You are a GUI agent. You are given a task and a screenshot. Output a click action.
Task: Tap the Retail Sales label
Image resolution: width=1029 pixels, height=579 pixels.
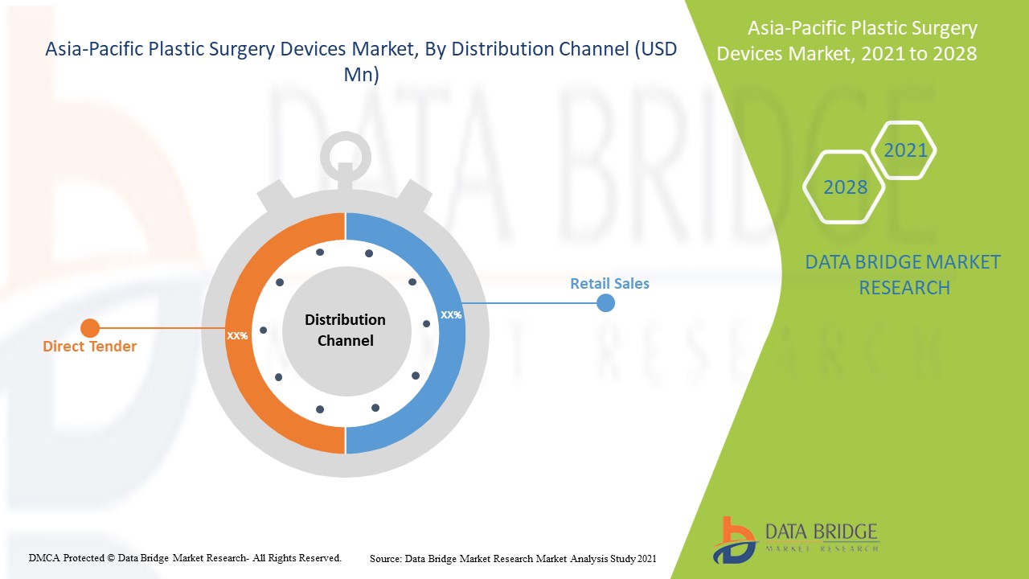tap(609, 283)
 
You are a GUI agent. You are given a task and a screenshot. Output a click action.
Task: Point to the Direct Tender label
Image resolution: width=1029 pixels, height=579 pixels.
tap(89, 347)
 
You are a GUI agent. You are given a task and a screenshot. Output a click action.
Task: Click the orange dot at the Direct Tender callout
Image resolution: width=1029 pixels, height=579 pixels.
tap(90, 327)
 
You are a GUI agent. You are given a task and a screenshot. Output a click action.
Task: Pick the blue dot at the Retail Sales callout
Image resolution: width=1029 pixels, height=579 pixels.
tap(605, 302)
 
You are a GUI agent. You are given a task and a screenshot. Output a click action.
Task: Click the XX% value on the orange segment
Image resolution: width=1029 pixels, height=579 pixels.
tap(237, 335)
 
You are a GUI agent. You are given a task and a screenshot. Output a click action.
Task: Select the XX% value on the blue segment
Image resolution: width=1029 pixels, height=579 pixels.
tap(451, 314)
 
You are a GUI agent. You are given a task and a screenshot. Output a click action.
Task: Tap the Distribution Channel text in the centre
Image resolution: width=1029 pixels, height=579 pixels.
tap(345, 330)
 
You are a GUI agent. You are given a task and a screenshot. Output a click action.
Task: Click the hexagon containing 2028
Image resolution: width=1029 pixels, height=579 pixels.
tap(844, 187)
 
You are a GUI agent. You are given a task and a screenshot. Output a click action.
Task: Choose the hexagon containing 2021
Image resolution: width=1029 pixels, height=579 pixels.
tap(904, 150)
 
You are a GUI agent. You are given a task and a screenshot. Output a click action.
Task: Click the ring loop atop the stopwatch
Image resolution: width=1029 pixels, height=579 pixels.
tap(345, 153)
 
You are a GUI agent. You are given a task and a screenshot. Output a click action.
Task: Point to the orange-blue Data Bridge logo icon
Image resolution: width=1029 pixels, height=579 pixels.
tap(733, 540)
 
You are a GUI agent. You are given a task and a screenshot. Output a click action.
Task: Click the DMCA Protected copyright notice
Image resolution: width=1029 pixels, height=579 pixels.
tap(185, 557)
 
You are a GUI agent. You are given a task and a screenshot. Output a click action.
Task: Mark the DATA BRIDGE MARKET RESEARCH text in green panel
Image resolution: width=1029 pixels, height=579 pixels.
tap(903, 274)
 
